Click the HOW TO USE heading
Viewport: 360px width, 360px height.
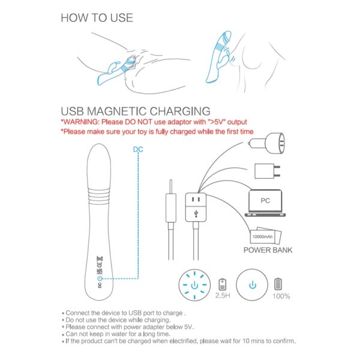point(97,17)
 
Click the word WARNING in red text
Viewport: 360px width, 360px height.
point(80,122)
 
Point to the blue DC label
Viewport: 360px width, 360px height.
point(138,149)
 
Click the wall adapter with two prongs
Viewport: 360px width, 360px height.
point(267,171)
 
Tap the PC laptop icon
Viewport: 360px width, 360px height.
point(265,203)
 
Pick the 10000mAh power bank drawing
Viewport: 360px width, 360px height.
point(265,236)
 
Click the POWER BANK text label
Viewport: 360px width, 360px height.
point(268,250)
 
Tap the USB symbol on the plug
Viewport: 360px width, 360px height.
point(196,214)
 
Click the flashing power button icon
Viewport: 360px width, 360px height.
point(194,285)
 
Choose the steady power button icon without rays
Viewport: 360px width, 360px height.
point(252,285)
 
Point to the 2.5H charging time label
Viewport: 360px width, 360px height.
point(223,295)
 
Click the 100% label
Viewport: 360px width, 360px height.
point(281,296)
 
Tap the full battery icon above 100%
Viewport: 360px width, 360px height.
point(278,284)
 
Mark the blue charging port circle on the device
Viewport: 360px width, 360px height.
point(100,279)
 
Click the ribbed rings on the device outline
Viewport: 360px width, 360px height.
point(99,197)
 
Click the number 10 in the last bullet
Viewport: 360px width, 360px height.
point(245,341)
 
